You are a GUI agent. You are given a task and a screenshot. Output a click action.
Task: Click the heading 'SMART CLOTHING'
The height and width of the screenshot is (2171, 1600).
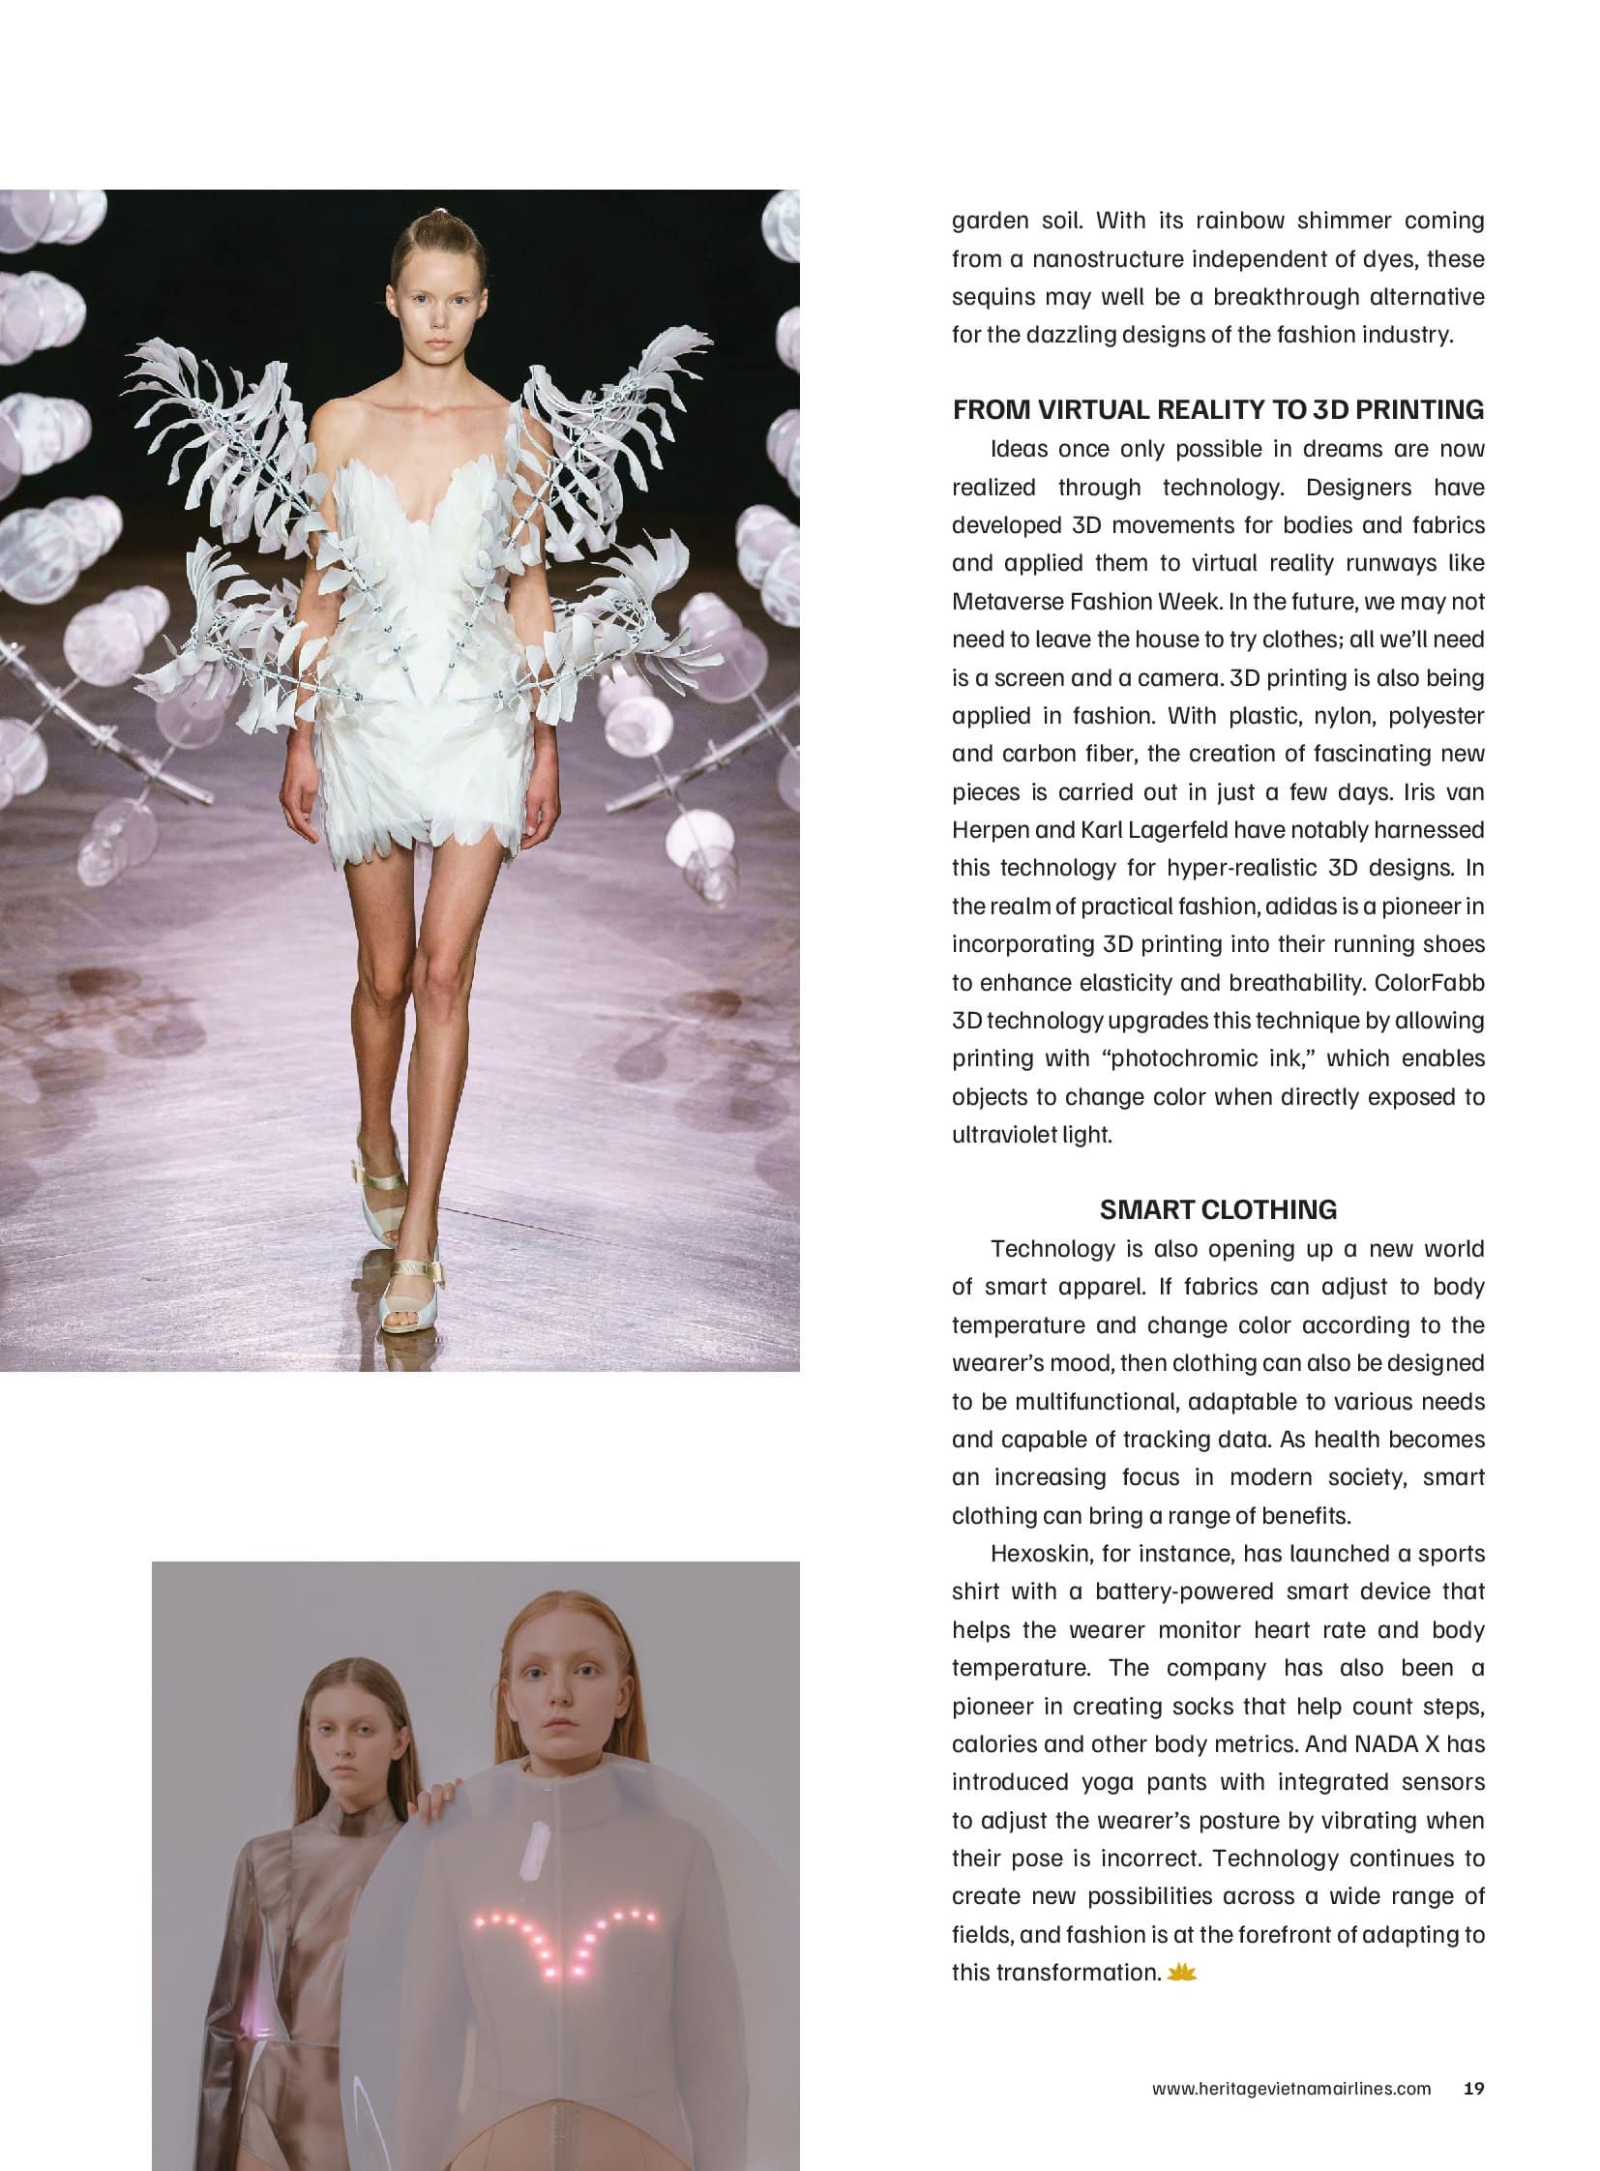coord(1218,1209)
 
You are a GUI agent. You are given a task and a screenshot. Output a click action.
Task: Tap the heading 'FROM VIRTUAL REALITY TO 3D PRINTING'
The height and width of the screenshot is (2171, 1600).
coord(1218,410)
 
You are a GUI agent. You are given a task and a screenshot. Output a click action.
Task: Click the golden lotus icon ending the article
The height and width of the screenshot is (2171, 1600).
coord(1183,1972)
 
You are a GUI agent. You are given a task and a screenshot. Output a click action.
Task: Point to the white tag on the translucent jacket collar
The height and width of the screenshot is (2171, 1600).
coord(533,1853)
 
